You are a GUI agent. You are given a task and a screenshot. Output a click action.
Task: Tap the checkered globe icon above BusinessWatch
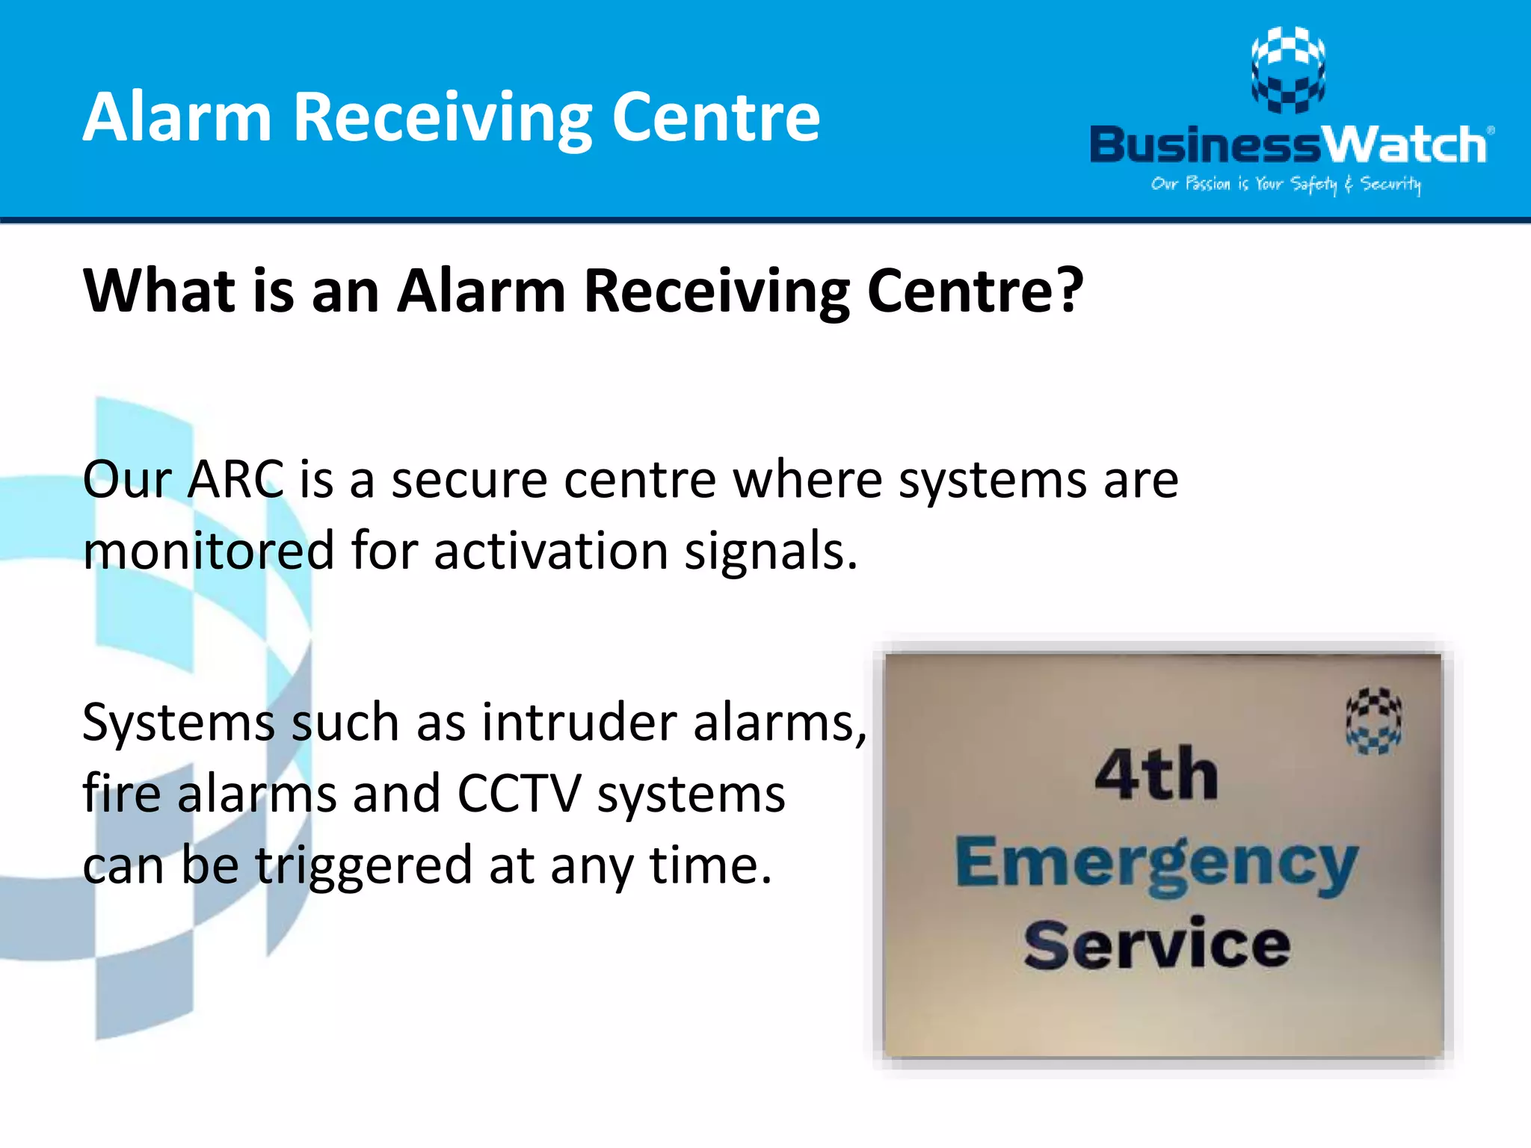(x=1288, y=70)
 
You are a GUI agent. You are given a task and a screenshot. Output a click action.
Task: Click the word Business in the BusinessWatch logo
(x=1206, y=144)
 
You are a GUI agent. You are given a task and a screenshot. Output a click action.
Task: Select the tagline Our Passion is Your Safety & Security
(x=1286, y=184)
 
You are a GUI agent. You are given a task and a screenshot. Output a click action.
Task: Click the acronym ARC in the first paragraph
(x=235, y=479)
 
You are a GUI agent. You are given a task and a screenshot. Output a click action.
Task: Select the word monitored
(x=208, y=551)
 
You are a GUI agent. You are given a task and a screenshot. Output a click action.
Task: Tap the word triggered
(x=363, y=865)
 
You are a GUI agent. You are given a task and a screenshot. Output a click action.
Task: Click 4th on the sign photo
(x=1156, y=775)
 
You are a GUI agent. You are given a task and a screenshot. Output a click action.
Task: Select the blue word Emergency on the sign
(x=1156, y=863)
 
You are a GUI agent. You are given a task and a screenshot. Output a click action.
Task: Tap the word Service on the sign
(x=1157, y=945)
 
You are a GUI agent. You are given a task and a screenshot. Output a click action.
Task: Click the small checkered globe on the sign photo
(x=1373, y=720)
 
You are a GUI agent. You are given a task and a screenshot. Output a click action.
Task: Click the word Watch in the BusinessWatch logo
(x=1405, y=144)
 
